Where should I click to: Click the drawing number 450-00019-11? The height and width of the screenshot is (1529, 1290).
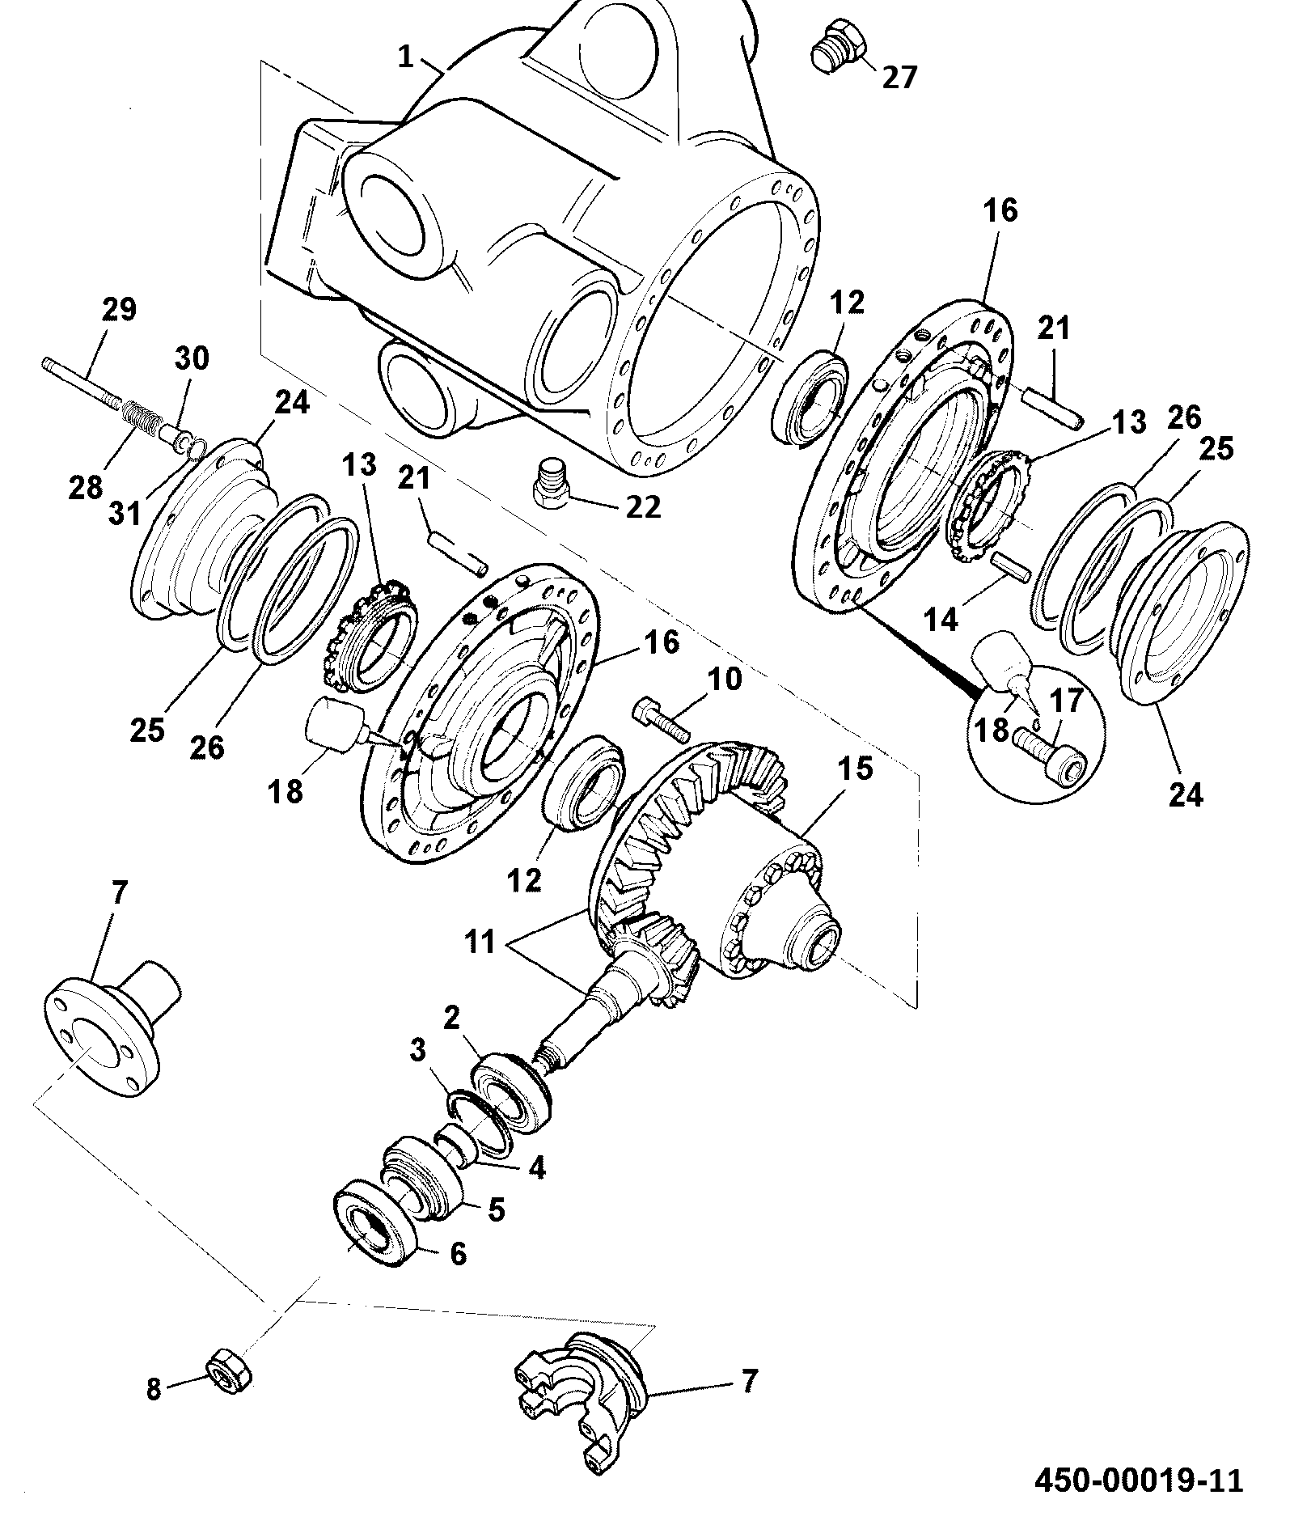coord(1139,1480)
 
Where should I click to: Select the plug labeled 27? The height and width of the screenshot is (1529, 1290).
coord(837,53)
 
